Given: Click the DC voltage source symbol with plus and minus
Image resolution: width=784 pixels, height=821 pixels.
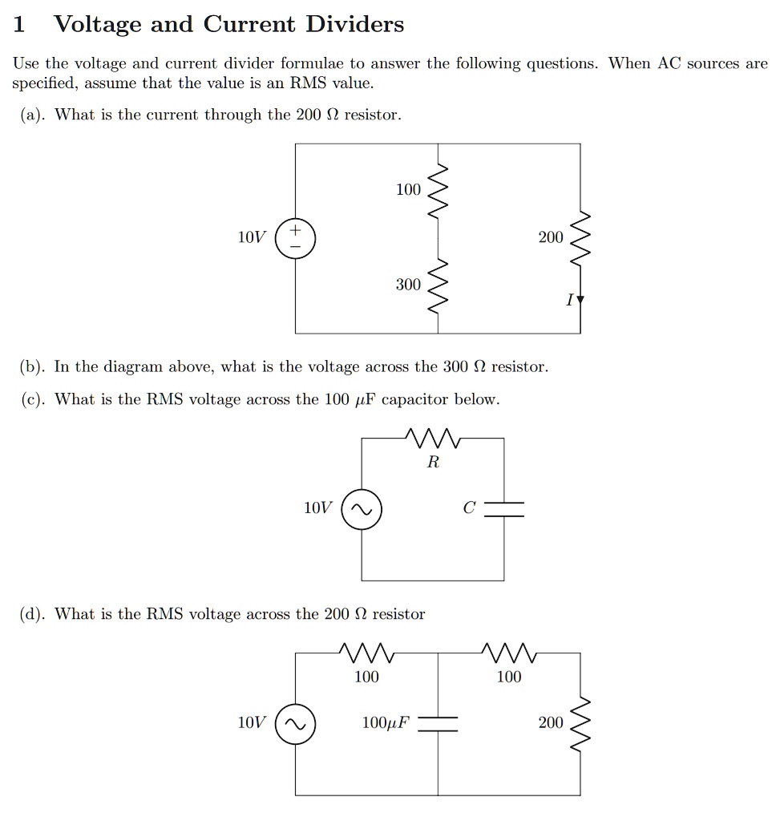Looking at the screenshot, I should coord(296,239).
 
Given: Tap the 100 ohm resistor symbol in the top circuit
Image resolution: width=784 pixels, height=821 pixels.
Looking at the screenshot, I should coord(438,191).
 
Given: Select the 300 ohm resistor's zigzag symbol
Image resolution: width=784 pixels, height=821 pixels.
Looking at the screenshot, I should coord(438,286).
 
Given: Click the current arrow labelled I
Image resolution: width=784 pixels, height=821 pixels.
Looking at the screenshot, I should coord(580,301).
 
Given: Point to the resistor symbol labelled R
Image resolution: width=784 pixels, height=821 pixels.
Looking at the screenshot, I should coord(432,439).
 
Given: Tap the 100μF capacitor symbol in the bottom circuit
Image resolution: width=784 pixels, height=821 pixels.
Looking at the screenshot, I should coord(438,724).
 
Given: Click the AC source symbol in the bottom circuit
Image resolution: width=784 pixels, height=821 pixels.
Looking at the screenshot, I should coord(296,724).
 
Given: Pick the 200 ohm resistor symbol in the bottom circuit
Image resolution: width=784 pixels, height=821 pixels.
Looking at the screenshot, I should coord(580,724).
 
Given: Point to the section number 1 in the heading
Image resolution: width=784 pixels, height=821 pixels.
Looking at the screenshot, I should coord(20,25).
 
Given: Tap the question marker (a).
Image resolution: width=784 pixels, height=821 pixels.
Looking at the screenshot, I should coord(33,115).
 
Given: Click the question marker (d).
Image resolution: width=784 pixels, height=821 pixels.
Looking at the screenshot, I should coord(33,615).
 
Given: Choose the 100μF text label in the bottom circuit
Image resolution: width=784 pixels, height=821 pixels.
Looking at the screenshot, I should coord(385,723).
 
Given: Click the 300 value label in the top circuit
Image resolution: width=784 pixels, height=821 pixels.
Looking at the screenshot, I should coord(407,285).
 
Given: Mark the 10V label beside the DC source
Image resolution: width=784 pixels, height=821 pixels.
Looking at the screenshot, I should coord(251,238).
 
